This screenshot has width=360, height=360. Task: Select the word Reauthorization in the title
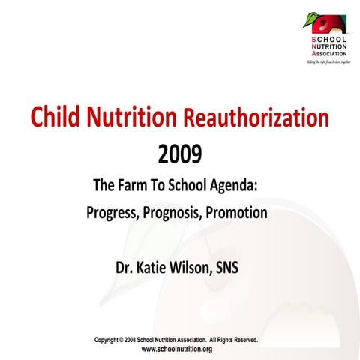pyautogui.click(x=256, y=118)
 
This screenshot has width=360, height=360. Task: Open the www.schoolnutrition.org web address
pyautogui.click(x=177, y=349)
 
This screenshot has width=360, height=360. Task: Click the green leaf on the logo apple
pyautogui.click(x=310, y=16)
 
